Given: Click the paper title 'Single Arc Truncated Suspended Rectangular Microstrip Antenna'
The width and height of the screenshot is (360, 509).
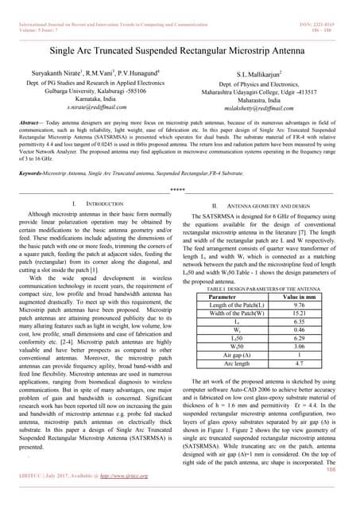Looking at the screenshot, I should (180, 50).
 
